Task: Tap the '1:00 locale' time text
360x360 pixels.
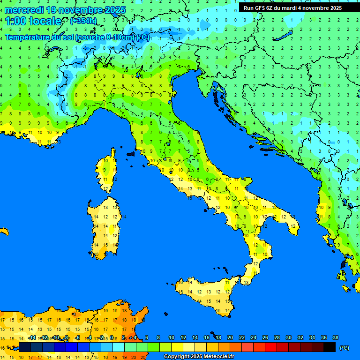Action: [33, 21]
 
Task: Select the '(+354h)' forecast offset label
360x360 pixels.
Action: [83, 21]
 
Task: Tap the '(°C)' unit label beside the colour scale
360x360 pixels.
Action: [344, 348]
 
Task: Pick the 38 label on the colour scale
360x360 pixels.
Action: [335, 337]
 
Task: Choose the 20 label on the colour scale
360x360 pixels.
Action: [230, 337]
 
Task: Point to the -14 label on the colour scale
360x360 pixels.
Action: [32, 337]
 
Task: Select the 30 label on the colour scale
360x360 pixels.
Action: [288, 337]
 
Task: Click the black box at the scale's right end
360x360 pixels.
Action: [330, 347]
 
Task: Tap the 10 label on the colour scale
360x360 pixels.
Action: [171, 337]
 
